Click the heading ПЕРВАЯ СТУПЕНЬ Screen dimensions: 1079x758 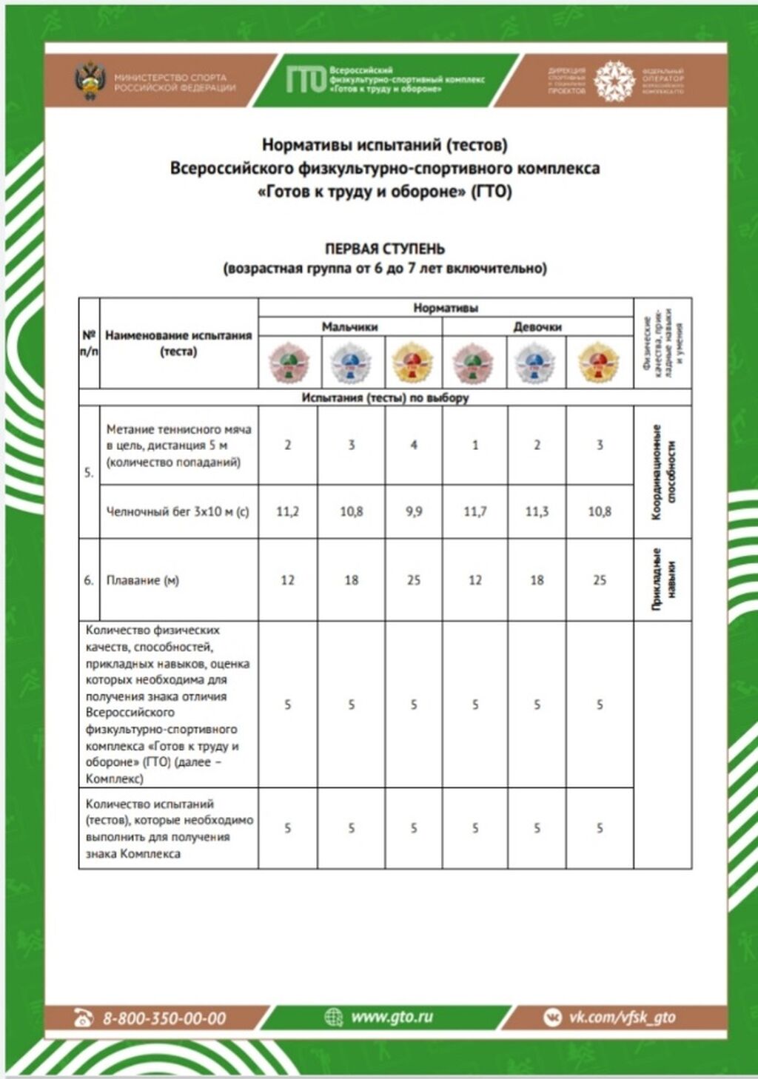pos(385,249)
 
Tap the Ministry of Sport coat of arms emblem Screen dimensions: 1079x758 pos(90,81)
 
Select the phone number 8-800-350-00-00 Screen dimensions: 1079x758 pos(164,1018)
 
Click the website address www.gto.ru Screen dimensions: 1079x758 pos(392,1017)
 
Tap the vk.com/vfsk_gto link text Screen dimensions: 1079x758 pos(622,1018)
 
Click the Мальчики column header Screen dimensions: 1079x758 pos(349,326)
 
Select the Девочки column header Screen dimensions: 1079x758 pos(537,326)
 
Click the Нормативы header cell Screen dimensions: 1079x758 pos(446,307)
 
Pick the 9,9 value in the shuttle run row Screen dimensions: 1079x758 pos(414,511)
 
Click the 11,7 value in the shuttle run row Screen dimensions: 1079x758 pos(475,511)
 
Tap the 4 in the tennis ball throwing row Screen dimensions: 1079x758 pos(414,445)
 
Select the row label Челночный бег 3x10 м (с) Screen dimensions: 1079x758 pos(178,511)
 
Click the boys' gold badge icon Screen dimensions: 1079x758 pos(412,363)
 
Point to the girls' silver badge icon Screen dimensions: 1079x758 pos(537,363)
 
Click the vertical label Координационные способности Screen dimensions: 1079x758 pos(663,472)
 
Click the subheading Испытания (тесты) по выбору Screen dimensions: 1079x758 pos(385,397)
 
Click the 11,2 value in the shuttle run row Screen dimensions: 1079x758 pos(288,511)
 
